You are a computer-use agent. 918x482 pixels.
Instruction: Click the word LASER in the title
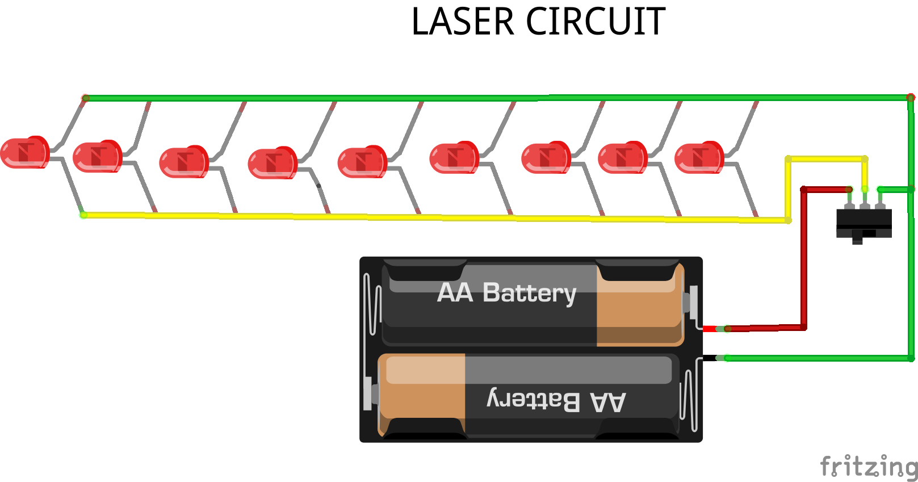point(462,22)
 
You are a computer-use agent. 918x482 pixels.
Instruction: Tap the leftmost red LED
point(24,152)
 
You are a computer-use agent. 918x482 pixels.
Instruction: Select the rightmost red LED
point(699,157)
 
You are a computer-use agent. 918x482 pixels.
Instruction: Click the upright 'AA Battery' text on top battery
point(506,293)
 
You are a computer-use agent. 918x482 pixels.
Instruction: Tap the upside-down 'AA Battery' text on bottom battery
point(556,401)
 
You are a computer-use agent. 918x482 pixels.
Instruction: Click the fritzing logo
point(869,467)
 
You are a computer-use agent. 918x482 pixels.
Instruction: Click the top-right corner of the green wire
point(911,98)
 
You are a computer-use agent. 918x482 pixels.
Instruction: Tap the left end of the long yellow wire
point(84,215)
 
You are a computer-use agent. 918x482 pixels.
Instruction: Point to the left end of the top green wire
point(86,98)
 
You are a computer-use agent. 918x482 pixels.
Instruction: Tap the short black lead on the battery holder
point(709,358)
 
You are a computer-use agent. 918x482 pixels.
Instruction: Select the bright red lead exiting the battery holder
point(709,329)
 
